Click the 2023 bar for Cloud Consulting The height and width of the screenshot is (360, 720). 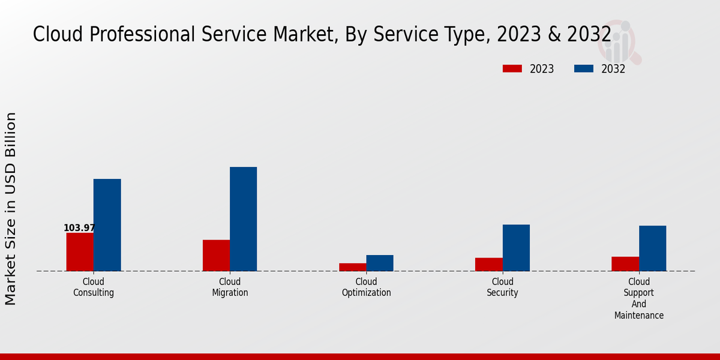pos(80,251)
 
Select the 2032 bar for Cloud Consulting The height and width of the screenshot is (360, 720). pos(107,225)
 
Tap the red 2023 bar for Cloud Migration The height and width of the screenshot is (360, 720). pos(216,255)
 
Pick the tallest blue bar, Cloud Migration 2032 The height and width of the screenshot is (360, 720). pos(243,219)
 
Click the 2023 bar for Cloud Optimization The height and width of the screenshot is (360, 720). pos(352,267)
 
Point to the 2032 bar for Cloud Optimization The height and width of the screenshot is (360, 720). pos(380,263)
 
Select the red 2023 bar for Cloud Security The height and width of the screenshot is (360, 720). pos(488,264)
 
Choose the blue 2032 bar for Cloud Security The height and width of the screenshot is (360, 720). pos(516,248)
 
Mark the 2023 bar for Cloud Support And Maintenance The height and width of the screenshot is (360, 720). pos(625,263)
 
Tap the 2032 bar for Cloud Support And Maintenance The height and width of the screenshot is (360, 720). pos(652,248)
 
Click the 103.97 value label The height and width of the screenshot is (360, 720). pos(79,228)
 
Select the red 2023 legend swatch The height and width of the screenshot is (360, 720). pos(512,68)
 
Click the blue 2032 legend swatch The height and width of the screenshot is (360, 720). pos(583,68)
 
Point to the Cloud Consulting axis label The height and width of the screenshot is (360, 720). pos(94,287)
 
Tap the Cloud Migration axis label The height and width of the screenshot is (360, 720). pos(230,287)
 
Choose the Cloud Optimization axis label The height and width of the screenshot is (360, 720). pos(366,287)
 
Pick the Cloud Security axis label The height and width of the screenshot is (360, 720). pos(503,287)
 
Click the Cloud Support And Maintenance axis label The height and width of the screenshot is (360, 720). pos(639,298)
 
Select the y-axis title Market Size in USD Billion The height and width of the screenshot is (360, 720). pos(11,208)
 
